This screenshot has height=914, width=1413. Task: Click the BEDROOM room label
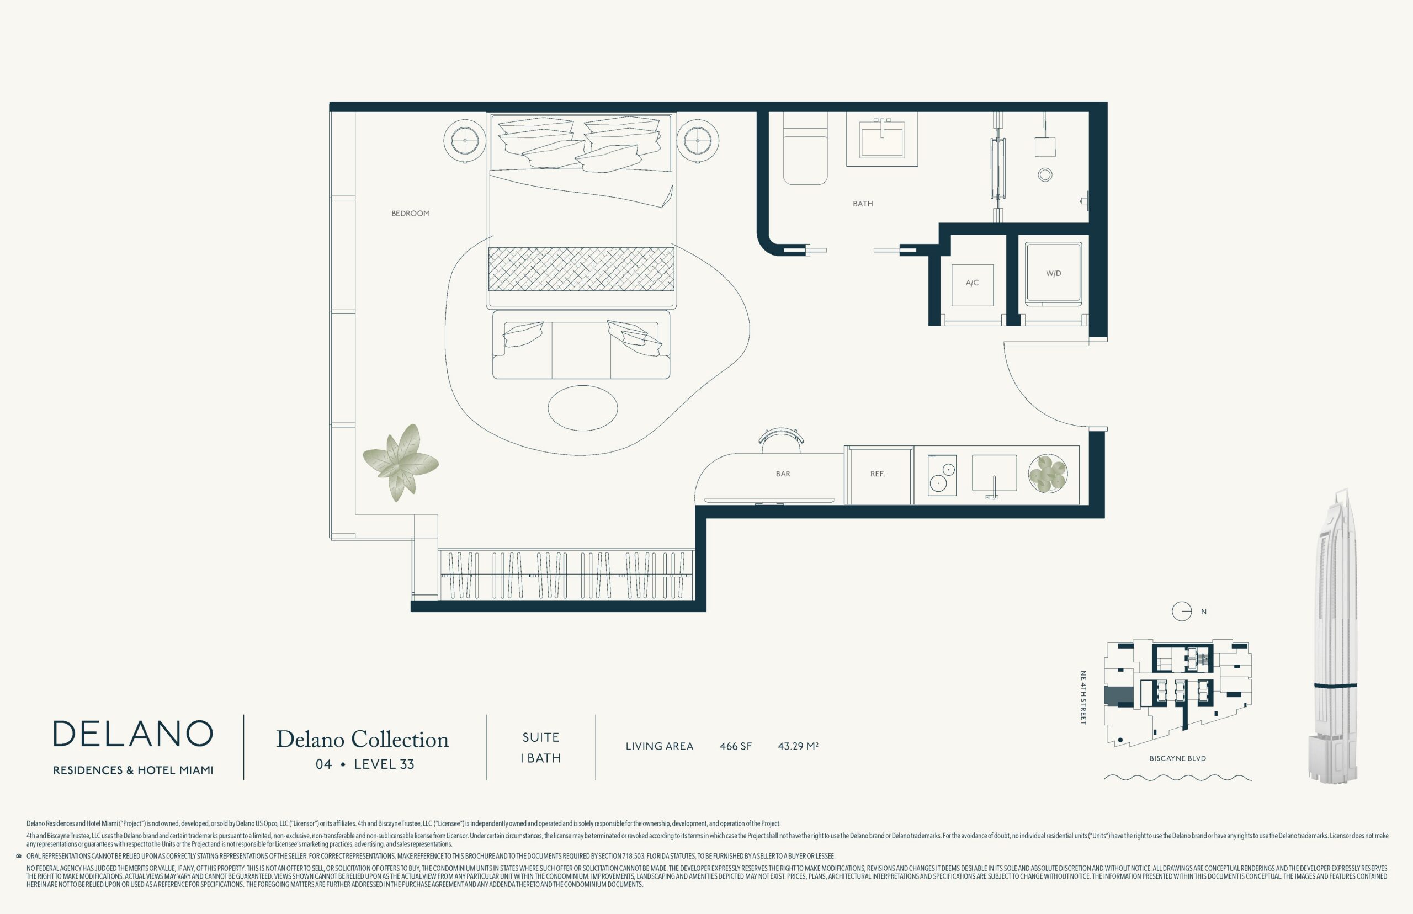tap(410, 213)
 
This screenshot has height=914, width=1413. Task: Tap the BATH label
tap(863, 204)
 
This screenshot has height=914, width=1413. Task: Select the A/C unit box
tap(972, 285)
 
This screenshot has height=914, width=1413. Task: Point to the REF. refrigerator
tap(878, 475)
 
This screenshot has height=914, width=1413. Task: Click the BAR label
tap(783, 474)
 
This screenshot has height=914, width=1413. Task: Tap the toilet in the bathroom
tap(805, 148)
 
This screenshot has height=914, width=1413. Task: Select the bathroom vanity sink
tap(882, 140)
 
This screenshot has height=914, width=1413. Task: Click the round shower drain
tap(1045, 174)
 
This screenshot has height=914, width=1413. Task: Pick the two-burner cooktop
tap(942, 475)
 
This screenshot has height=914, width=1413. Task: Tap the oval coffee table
tap(583, 408)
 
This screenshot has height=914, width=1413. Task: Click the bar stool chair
tap(782, 436)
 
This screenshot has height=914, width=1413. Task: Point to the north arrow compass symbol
tap(1182, 612)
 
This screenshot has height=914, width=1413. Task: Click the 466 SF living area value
tap(735, 747)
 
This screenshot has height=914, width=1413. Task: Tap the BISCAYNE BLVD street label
tap(1177, 758)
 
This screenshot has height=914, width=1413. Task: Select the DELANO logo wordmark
tap(133, 734)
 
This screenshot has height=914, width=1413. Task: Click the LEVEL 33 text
tap(384, 764)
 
